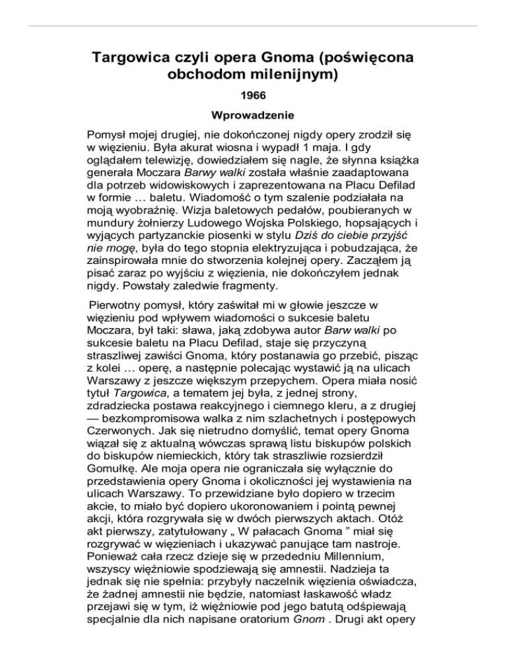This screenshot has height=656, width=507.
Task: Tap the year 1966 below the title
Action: click(253, 98)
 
